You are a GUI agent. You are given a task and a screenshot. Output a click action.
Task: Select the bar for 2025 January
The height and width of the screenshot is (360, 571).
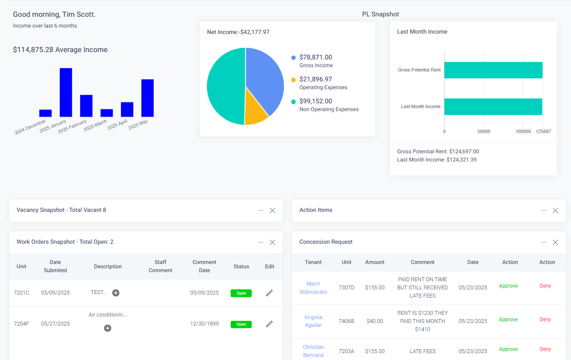pos(66,92)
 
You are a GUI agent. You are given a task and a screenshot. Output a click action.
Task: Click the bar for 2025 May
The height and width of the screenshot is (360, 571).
pos(148,98)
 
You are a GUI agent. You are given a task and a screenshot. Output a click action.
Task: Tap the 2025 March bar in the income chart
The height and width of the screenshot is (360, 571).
pos(107,113)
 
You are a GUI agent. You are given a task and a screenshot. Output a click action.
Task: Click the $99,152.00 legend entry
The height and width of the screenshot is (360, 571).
pos(315,101)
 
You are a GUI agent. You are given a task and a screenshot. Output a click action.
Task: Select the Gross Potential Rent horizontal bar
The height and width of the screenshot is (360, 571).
pos(493,70)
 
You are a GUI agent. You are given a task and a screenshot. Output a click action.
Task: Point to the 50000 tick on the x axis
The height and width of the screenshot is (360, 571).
pos(484,131)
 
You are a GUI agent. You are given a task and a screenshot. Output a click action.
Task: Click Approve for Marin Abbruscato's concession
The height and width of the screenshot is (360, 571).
pos(508,286)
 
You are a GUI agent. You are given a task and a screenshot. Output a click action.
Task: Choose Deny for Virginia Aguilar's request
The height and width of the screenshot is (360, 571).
pos(545,320)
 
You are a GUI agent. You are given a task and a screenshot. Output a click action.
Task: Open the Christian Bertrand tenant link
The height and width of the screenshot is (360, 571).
pos(313,351)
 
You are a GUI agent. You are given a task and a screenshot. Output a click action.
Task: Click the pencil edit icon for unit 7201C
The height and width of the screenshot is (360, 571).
pos(269,293)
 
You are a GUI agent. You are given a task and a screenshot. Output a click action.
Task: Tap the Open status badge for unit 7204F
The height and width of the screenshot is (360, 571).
pos(241,324)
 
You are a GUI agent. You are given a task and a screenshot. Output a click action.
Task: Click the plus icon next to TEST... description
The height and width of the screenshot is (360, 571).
pos(116,293)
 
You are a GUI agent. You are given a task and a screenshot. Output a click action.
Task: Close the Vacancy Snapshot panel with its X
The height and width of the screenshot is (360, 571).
pos(272,211)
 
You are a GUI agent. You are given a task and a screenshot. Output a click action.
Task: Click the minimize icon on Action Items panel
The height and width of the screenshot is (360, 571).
pos(543,211)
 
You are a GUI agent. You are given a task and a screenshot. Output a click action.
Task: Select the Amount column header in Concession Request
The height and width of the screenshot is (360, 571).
pos(375,262)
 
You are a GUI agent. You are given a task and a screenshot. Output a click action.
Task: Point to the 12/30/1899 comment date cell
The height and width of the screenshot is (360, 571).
pos(204,324)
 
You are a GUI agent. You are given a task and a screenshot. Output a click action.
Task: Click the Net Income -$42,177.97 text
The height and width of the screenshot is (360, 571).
pos(238,32)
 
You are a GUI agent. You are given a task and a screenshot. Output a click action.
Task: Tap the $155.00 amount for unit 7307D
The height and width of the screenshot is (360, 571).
pos(375,288)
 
